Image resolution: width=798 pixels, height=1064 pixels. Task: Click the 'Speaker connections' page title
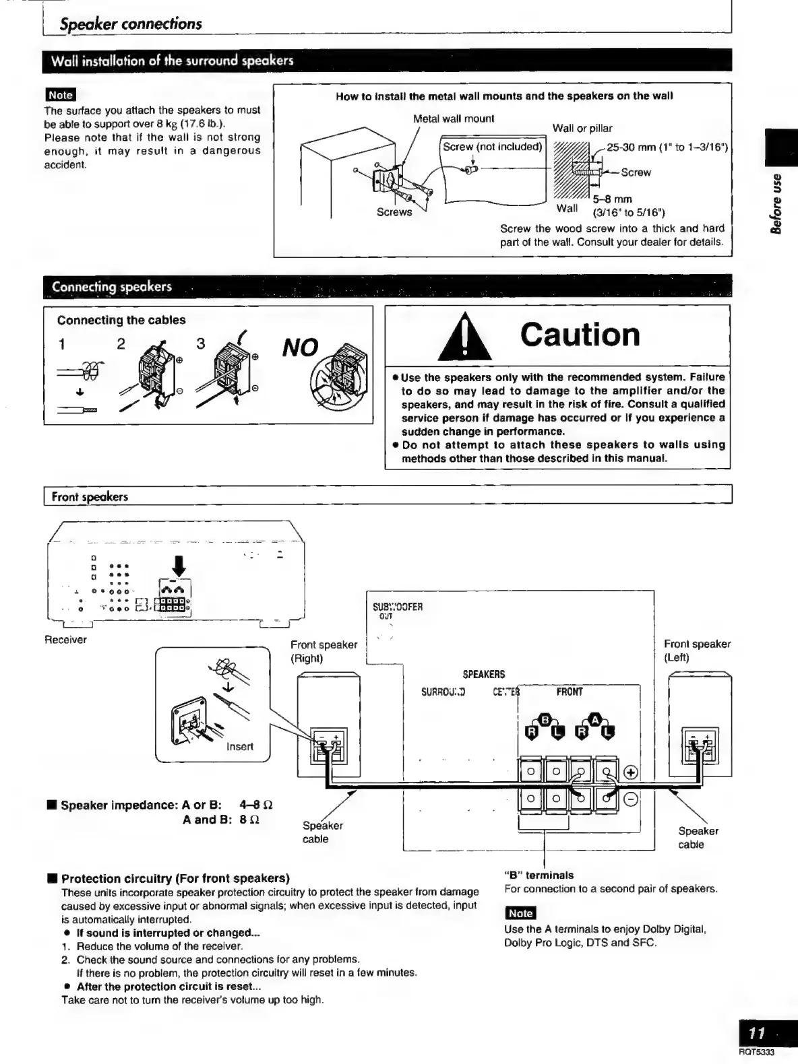131,24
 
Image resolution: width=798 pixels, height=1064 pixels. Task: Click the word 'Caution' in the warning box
580,335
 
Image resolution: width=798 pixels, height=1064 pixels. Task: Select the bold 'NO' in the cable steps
299,347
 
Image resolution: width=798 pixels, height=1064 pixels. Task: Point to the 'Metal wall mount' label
453,119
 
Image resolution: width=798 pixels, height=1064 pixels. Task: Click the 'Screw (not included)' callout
492,147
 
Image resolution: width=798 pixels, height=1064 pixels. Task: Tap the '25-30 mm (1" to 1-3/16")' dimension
667,147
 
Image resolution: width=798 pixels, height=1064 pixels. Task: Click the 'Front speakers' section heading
90,497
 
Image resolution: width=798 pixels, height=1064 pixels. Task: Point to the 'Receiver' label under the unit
65,640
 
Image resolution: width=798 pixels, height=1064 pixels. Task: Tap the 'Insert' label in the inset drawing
240,746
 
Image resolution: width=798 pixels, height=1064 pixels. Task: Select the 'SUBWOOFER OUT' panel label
397,610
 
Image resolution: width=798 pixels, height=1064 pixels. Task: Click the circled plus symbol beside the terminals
632,772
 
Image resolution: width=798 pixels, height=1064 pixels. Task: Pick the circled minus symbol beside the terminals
632,799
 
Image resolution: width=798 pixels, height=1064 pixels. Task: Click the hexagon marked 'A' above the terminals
595,720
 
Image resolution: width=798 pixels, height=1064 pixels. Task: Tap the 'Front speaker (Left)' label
697,651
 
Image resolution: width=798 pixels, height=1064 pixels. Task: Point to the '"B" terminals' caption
539,875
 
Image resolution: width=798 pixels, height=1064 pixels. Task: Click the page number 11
757,1033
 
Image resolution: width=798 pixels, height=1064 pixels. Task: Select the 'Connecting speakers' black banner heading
112,287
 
